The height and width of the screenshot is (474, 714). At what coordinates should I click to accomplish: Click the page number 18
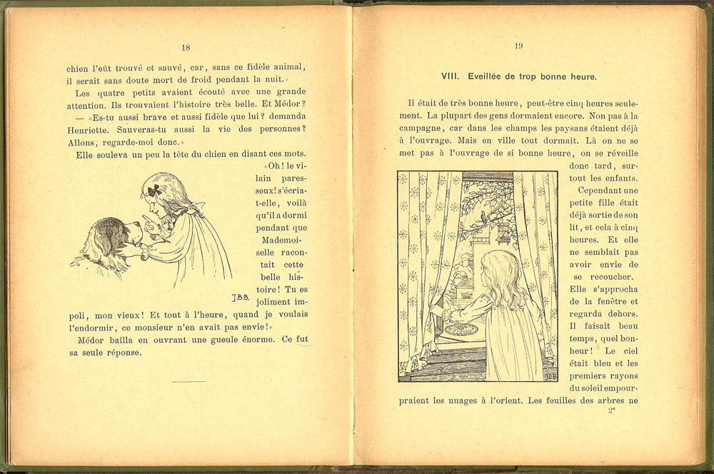(186, 48)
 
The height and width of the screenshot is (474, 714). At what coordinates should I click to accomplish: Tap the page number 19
(519, 46)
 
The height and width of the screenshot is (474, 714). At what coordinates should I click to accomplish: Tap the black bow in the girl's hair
(153, 191)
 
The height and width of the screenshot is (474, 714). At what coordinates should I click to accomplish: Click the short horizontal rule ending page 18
(189, 382)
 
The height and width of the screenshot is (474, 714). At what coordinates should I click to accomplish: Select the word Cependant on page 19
(600, 191)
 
